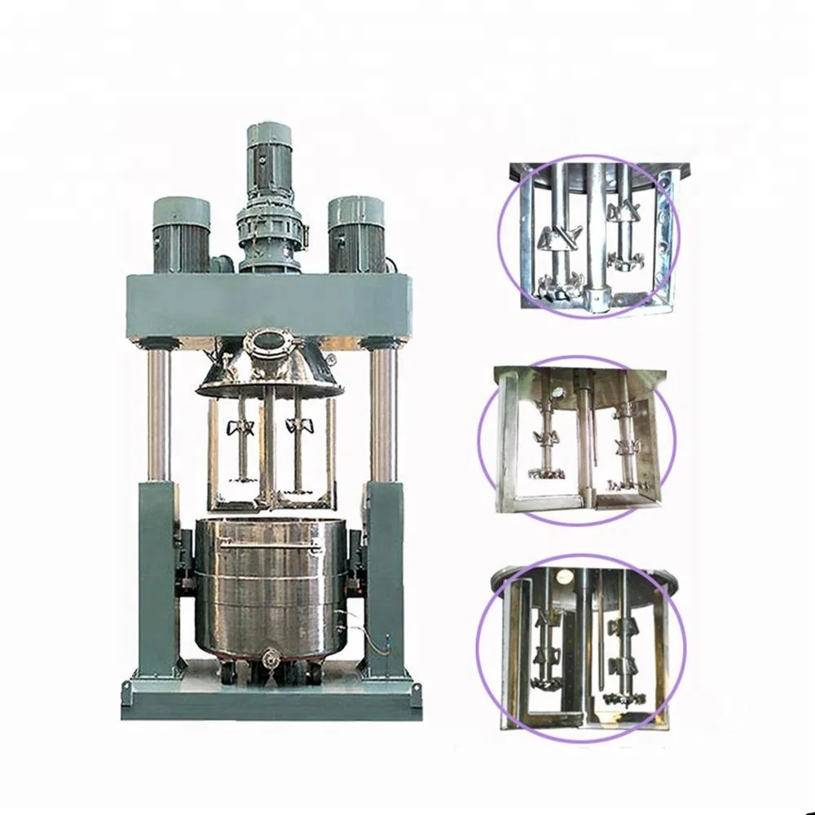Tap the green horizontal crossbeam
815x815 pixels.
tap(268, 306)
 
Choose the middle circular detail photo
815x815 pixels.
tap(579, 440)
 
